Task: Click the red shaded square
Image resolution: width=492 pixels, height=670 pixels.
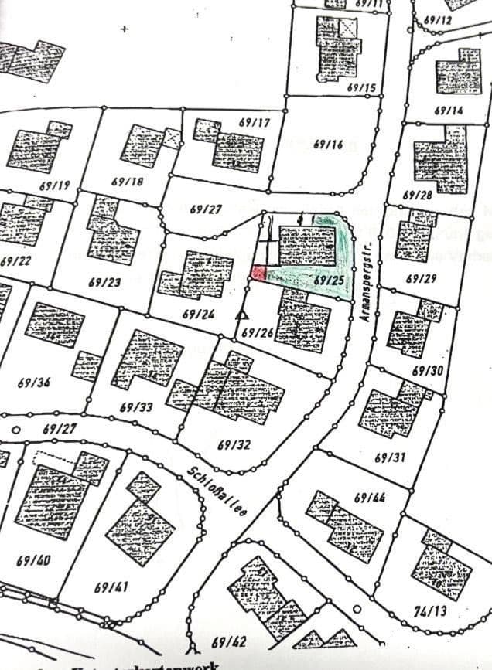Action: pyautogui.click(x=258, y=273)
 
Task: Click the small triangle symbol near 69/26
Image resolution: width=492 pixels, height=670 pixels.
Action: pyautogui.click(x=242, y=315)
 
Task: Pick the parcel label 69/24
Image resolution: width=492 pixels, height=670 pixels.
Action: pyautogui.click(x=198, y=315)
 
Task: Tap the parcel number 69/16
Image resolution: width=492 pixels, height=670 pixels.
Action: pyautogui.click(x=329, y=145)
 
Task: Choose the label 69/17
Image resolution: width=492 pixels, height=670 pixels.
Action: pyautogui.click(x=255, y=123)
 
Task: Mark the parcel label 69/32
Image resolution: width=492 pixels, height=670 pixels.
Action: pyautogui.click(x=234, y=444)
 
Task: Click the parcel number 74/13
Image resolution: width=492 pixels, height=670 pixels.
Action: pyautogui.click(x=430, y=611)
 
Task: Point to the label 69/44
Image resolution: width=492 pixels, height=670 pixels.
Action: pyautogui.click(x=371, y=498)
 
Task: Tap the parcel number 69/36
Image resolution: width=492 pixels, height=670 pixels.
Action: pyautogui.click(x=34, y=383)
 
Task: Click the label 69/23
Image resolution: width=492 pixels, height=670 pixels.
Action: pyautogui.click(x=104, y=282)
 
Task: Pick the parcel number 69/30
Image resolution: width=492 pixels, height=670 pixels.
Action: pyautogui.click(x=428, y=371)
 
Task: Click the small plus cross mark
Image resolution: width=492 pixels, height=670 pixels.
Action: pyautogui.click(x=125, y=29)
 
